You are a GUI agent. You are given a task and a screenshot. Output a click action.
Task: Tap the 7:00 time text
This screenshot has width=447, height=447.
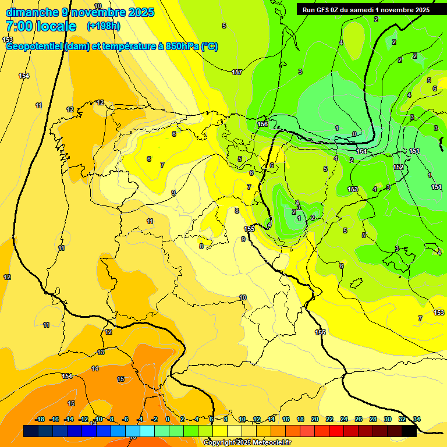click(20, 26)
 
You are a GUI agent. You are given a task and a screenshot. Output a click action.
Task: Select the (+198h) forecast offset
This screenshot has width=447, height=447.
click(103, 26)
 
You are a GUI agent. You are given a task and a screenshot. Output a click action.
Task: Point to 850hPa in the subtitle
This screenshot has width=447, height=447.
click(180, 47)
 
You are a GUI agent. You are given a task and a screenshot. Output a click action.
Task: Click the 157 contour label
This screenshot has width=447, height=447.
click(237, 72)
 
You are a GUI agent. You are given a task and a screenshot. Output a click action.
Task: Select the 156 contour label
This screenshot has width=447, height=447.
click(263, 124)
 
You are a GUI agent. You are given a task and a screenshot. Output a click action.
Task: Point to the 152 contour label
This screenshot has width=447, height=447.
click(398, 167)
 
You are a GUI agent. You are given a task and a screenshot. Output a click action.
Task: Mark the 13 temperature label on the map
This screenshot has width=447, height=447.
click(101, 352)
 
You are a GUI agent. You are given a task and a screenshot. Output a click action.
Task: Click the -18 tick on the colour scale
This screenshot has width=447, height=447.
click(40, 419)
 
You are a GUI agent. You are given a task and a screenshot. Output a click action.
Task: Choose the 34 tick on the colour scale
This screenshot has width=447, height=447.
click(417, 419)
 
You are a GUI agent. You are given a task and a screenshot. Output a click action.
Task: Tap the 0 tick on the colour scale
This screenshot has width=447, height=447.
click(168, 419)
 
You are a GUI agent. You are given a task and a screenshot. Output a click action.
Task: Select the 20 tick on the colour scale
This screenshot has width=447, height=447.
click(315, 419)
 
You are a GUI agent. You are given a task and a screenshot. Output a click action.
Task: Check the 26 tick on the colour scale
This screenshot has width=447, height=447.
click(359, 419)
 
